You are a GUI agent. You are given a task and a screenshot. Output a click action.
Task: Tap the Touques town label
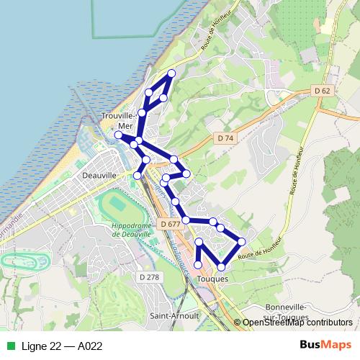[212, 279]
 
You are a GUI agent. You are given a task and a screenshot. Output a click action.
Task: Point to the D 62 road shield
[323, 91]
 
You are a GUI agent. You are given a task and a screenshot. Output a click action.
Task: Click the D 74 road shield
[225, 137]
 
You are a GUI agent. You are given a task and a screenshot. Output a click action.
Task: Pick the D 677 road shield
[171, 224]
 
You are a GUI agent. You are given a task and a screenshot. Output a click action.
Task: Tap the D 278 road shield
[148, 276]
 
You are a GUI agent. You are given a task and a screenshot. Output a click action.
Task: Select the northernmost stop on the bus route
[171, 73]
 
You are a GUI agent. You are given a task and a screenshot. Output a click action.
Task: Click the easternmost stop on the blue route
[242, 241]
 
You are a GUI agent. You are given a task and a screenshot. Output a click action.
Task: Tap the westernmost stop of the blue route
[119, 134]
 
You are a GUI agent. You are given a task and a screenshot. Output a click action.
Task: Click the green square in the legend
[9, 346]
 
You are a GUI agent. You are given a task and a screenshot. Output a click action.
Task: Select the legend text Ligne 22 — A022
[62, 346]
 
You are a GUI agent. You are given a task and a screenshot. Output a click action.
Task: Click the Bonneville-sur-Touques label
[286, 311]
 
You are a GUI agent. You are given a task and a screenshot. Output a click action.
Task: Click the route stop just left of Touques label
[198, 266]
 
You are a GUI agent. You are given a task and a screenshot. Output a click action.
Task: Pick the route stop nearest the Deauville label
[138, 174]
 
